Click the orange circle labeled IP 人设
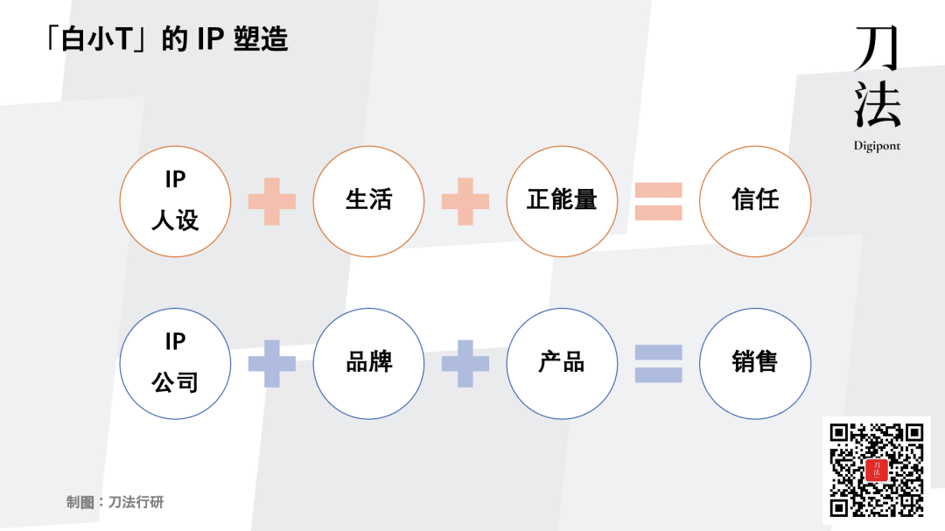(175, 200)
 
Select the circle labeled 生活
(368, 200)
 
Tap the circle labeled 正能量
(562, 200)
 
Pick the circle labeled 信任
(755, 200)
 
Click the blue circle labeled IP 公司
(175, 363)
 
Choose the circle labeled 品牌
(368, 363)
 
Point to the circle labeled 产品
(562, 363)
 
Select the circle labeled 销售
(755, 363)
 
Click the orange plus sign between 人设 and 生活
(272, 200)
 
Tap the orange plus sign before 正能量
(465, 200)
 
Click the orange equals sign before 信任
(658, 200)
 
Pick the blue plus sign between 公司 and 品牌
(272, 363)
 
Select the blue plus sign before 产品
(465, 363)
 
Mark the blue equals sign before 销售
(658, 363)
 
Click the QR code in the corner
(877, 470)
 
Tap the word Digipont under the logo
(877, 146)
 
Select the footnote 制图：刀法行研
(115, 502)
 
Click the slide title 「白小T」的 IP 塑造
(166, 39)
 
